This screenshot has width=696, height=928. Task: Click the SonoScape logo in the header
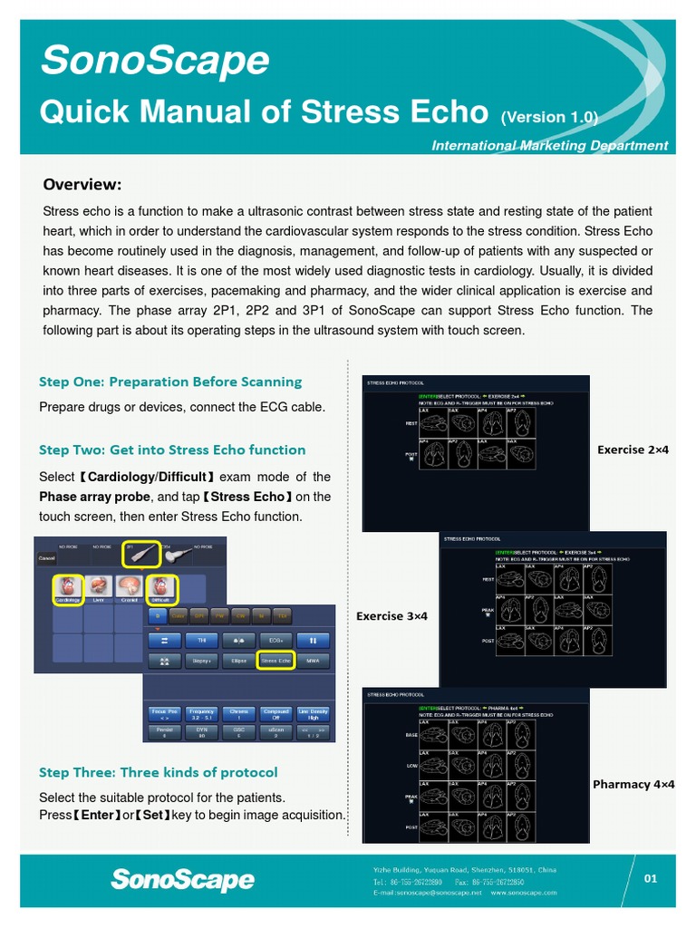coord(155,61)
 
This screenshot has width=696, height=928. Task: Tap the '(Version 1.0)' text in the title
coord(549,117)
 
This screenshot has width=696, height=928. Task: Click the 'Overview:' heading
coord(82,185)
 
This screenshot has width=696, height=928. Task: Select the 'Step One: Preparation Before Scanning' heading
coord(170,382)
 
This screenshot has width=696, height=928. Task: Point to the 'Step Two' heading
coord(172,449)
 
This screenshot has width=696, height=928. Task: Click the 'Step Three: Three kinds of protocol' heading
coord(159,772)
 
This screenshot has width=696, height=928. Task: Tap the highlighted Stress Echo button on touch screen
coord(275,662)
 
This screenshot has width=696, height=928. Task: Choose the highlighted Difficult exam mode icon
coord(160,589)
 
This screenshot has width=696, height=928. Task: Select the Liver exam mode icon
coord(99,589)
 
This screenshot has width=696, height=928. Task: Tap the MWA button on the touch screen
coord(313,662)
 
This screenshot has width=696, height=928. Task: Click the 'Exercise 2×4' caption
coord(632,449)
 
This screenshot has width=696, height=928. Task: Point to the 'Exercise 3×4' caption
coord(391,616)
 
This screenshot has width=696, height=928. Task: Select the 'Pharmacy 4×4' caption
coord(633,784)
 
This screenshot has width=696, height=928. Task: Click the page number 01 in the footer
coord(650,877)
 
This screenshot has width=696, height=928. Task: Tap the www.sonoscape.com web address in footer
coord(524,893)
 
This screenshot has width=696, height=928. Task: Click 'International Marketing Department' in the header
coord(549,145)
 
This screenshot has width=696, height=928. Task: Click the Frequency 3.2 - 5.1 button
coord(202,714)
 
